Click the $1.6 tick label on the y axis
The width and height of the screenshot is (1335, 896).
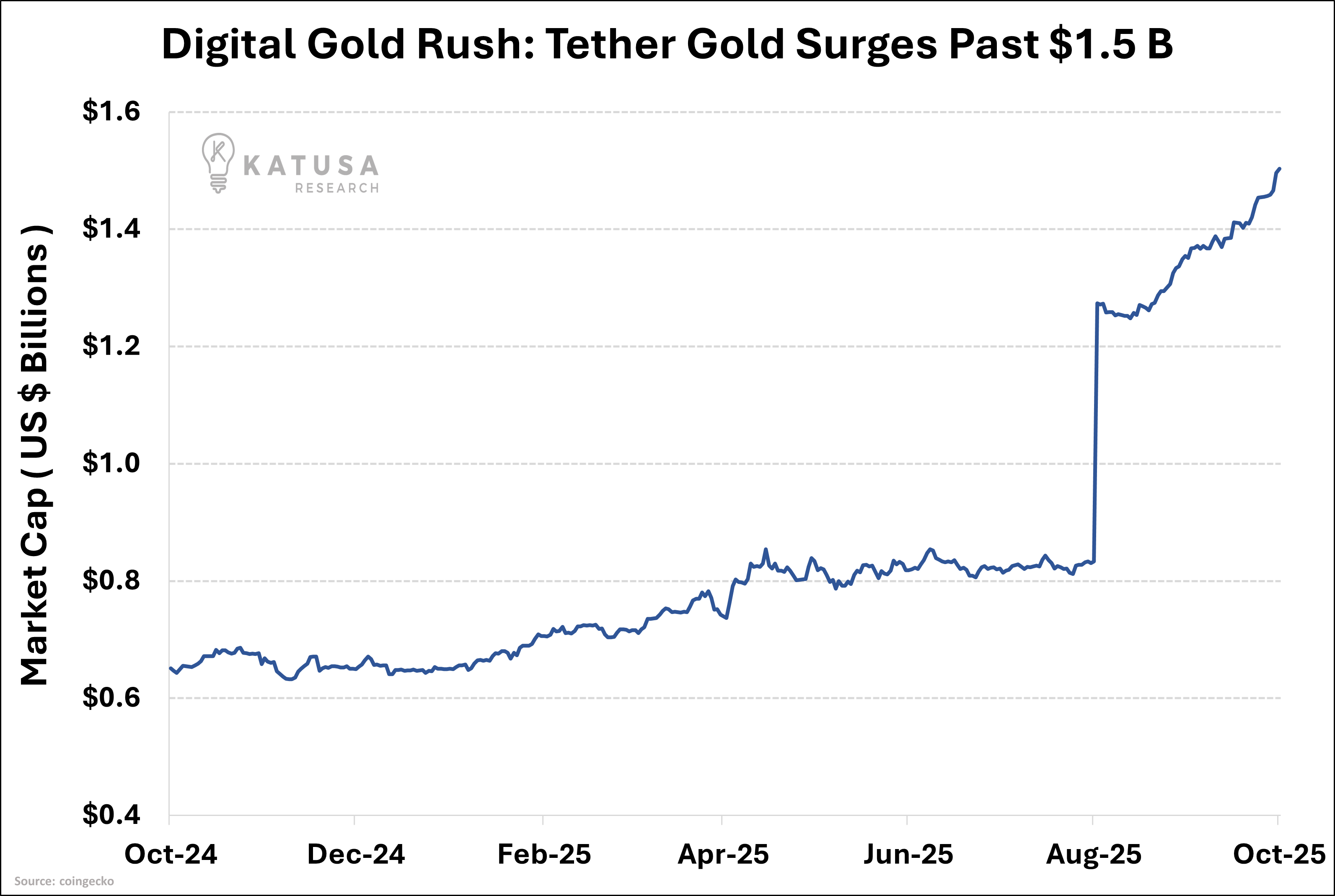[111, 111]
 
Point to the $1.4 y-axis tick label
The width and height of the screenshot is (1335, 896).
[111, 228]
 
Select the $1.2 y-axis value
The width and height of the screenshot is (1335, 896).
[111, 346]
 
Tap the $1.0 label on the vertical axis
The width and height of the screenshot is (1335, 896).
[111, 463]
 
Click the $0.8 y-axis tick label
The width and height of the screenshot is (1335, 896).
[111, 580]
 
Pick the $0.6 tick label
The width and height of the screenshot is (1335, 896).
[111, 697]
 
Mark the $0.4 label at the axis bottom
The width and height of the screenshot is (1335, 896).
[111, 814]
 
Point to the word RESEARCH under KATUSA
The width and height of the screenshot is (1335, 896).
[337, 188]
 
